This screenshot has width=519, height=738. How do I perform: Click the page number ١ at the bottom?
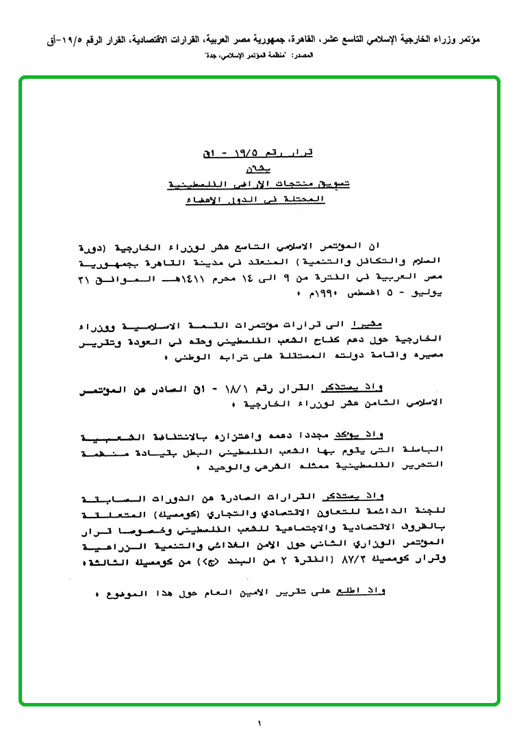[259, 723]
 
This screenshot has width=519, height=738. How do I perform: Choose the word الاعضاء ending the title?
[203, 201]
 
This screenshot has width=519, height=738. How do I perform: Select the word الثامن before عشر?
[388, 403]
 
